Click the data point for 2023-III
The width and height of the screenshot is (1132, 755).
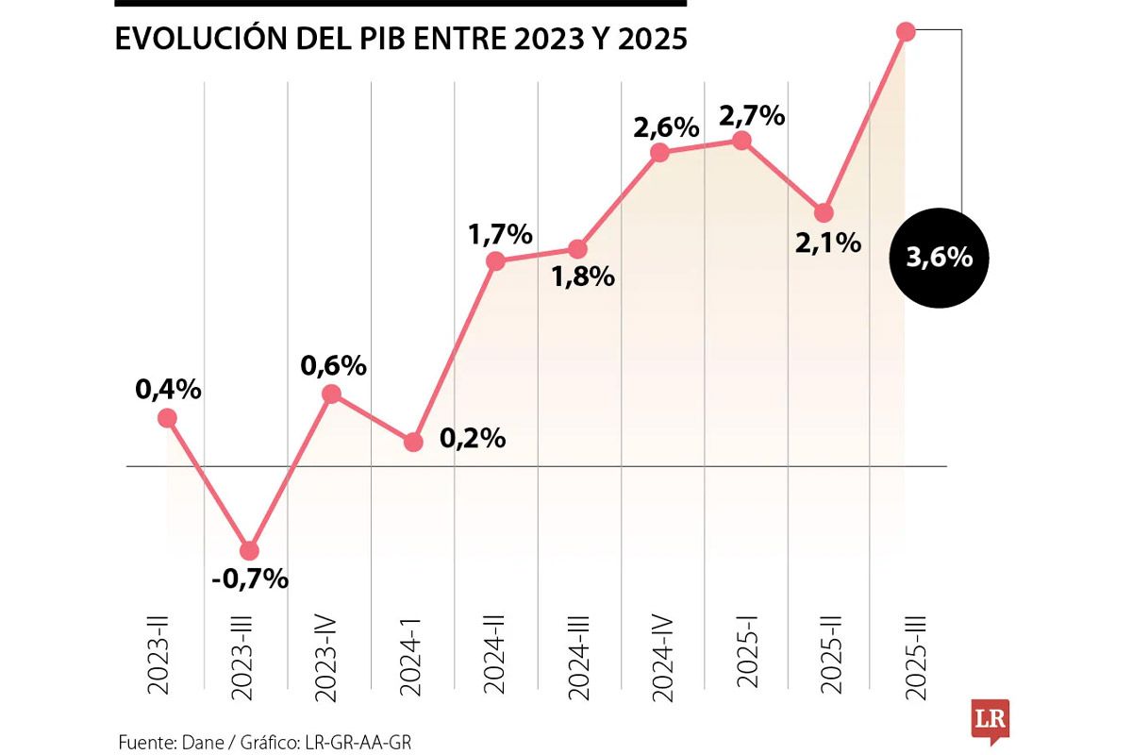coord(249,550)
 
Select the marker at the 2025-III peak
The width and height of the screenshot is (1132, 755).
coord(906,32)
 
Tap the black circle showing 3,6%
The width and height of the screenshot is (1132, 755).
coord(939,258)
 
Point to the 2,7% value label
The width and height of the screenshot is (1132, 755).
coord(752,116)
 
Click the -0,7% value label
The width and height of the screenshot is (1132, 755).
coord(249,579)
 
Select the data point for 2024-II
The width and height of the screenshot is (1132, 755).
coord(496,261)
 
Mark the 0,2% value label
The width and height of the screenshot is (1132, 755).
coord(472,439)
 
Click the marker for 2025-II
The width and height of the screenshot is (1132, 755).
coord(824,212)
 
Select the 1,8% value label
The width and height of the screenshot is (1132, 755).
coord(583,277)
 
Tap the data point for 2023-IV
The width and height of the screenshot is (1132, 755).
coord(331,394)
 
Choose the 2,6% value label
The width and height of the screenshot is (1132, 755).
coord(666,126)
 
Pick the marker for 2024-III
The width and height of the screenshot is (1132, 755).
coord(578,249)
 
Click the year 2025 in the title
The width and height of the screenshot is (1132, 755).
coord(654,40)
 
